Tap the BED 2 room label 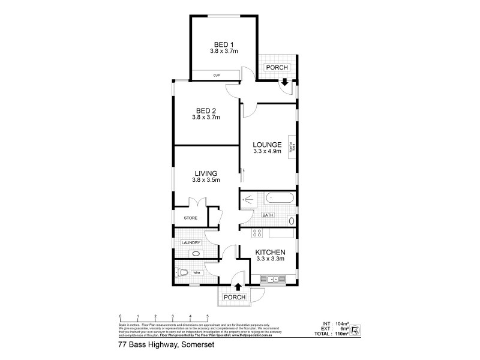coord(205,110)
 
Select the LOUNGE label coord(267,145)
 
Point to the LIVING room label coord(205,173)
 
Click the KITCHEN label coord(269,252)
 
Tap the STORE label coord(190,218)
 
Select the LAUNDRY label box coord(190,242)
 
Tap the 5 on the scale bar coord(208,316)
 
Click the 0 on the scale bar coord(121,316)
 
